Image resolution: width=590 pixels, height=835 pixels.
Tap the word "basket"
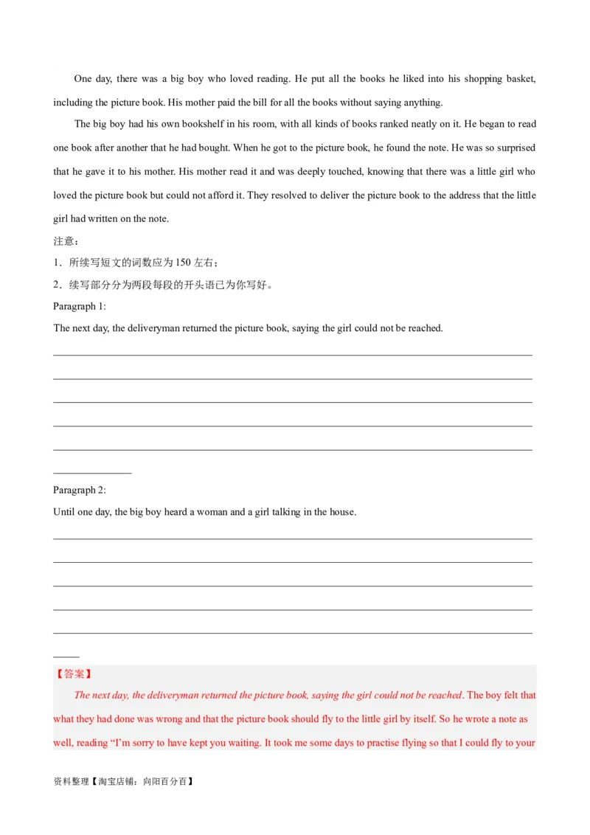[521, 79]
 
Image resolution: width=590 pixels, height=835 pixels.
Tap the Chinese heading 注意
[64, 241]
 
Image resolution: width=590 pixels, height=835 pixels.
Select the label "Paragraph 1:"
[80, 306]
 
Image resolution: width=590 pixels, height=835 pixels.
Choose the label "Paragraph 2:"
[80, 490]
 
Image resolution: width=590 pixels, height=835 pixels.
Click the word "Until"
[64, 512]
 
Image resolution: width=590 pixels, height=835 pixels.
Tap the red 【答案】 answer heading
[74, 673]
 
